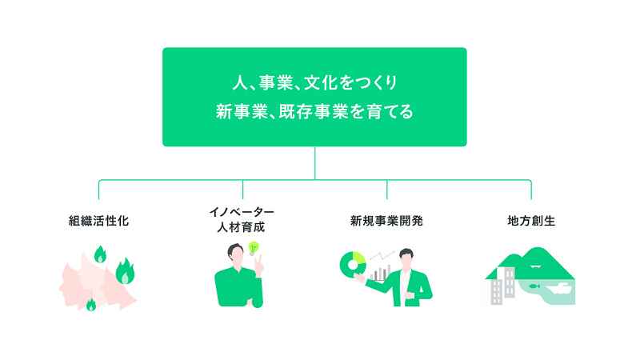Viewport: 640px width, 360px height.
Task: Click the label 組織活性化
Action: pyautogui.click(x=98, y=221)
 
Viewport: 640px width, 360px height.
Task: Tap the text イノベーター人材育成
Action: pyautogui.click(x=242, y=219)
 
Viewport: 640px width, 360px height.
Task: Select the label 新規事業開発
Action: pyautogui.click(x=386, y=221)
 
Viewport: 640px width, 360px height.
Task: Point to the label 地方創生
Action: pyautogui.click(x=531, y=221)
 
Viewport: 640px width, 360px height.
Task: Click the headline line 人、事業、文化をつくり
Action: pyautogui.click(x=314, y=83)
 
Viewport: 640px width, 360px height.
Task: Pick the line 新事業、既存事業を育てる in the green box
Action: pyautogui.click(x=314, y=111)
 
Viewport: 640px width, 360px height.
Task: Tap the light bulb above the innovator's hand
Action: pyautogui.click(x=254, y=248)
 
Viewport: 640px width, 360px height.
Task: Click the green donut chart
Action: pyautogui.click(x=353, y=265)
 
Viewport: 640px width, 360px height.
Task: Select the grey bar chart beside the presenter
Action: pyautogui.click(x=380, y=273)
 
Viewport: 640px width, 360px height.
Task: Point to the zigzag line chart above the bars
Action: pyautogui.click(x=382, y=255)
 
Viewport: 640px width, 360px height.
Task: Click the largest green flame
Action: pyautogui.click(x=125, y=271)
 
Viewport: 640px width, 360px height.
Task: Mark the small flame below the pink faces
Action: pyautogui.click(x=91, y=305)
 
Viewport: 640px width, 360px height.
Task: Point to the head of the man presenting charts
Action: pyautogui.click(x=406, y=258)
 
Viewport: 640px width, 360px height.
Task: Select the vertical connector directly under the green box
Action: pyautogui.click(x=314, y=163)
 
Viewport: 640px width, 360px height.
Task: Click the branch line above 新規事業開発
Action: pyautogui.click(x=387, y=190)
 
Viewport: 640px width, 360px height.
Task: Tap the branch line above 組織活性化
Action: pyautogui.click(x=98, y=190)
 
